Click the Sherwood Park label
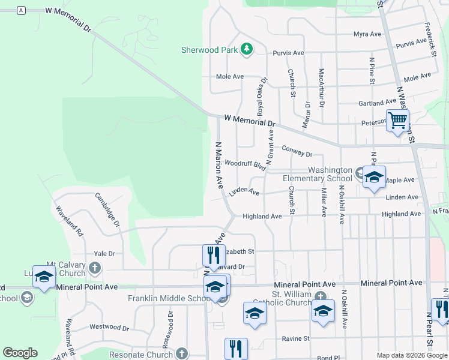pos(209,50)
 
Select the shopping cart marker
pos(397,121)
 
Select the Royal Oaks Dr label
pos(261,96)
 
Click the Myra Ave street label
pos(367,34)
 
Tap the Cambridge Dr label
pos(108,210)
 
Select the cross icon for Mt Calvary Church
pos(95,267)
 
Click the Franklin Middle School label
pos(168,299)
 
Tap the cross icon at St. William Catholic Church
pos(321,296)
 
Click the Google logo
pos(20,353)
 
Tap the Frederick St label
pos(430,40)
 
